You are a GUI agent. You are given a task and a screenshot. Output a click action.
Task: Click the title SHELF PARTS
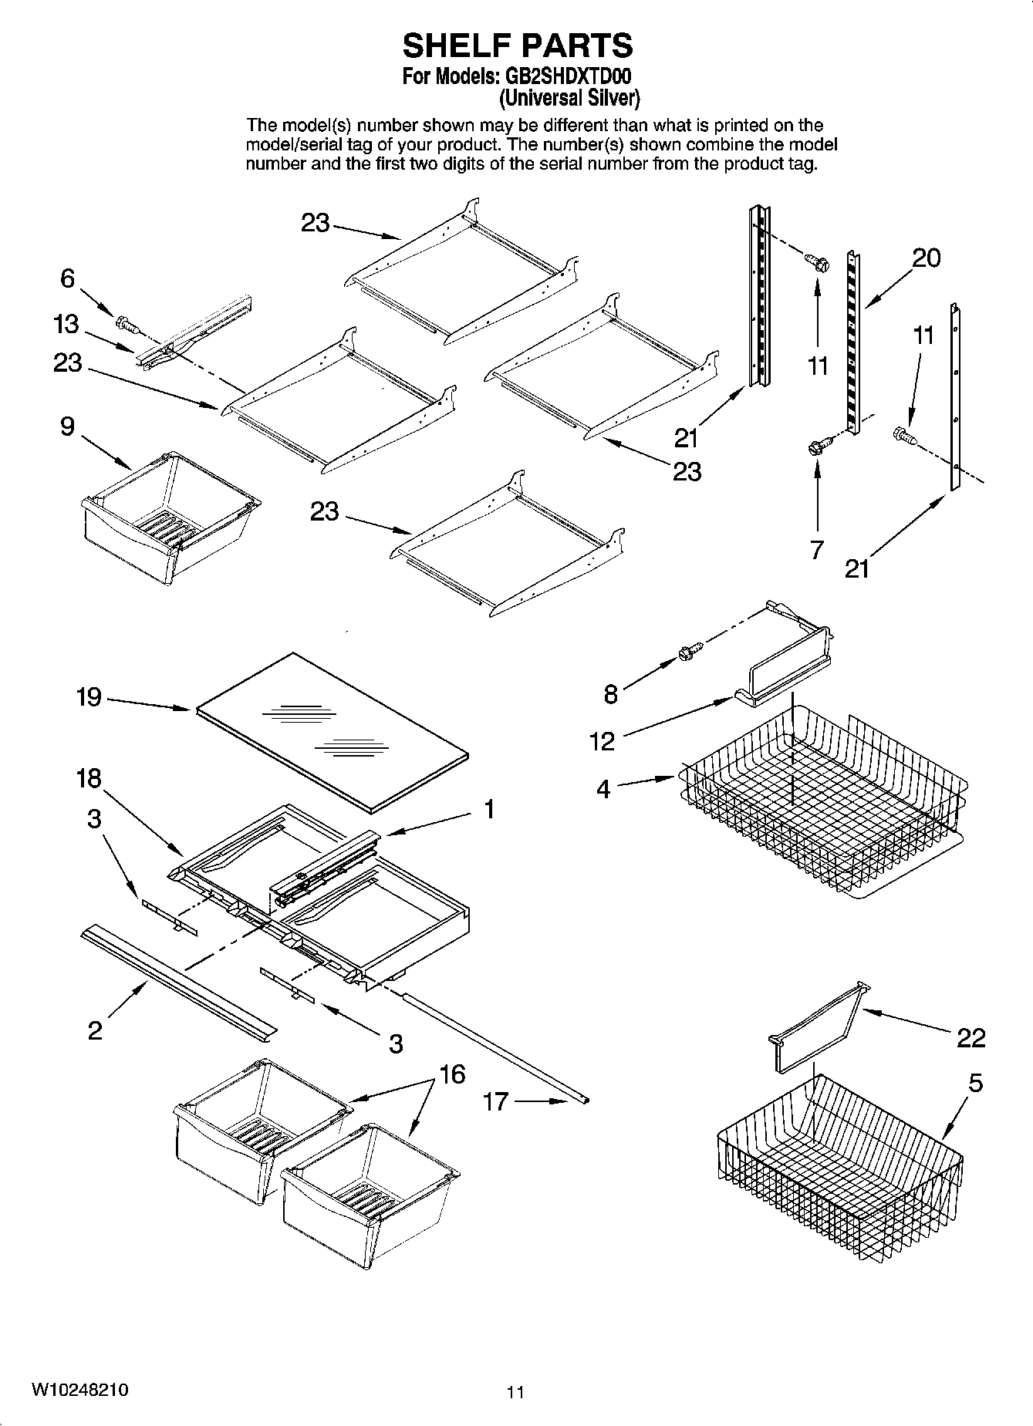(517, 46)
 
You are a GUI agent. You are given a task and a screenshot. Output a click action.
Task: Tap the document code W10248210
(80, 1390)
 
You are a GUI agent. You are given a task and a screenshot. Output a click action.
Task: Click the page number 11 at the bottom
(516, 1392)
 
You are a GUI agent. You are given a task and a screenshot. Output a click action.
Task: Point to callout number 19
(89, 697)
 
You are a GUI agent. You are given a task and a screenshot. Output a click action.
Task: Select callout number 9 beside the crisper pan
(68, 426)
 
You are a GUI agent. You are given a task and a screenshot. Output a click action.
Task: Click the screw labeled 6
(126, 324)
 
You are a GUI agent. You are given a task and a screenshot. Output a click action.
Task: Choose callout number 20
(927, 258)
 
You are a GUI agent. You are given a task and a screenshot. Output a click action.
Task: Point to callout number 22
(971, 1038)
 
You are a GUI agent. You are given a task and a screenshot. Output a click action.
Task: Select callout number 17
(495, 1101)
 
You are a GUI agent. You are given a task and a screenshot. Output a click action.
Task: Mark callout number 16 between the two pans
(453, 1074)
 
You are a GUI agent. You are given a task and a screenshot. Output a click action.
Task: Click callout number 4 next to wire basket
(603, 788)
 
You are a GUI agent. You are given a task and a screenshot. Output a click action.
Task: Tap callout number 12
(602, 741)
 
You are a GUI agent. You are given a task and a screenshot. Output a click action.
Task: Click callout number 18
(89, 778)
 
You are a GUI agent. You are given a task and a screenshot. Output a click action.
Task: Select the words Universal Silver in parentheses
(569, 98)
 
